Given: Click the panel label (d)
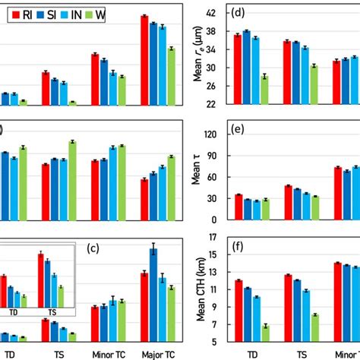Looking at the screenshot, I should point(238,13).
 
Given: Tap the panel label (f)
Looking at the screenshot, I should point(238,247).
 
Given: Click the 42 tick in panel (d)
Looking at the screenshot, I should point(215,14).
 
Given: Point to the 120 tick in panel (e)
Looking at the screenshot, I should point(213,134).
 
